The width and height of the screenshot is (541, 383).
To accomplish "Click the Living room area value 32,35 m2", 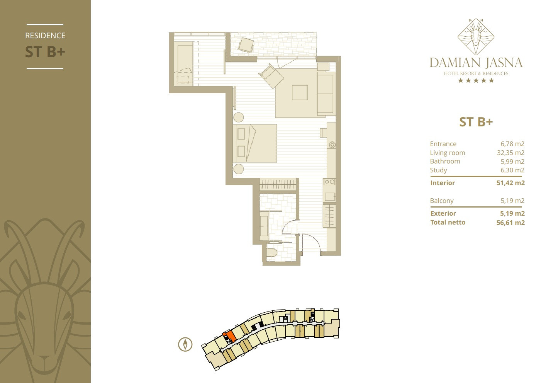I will tap(510, 153).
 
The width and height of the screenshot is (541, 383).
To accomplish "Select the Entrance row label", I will tap(443, 144).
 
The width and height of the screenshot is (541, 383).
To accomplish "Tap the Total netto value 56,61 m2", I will tap(510, 223).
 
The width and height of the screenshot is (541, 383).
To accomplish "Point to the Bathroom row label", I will tap(445, 161).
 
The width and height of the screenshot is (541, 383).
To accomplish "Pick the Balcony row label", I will tap(441, 201).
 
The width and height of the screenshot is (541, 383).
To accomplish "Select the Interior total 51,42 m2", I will tap(510, 183).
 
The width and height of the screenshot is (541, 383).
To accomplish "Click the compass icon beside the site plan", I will tap(185, 344).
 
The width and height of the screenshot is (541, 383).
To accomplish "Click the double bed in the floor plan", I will tap(255, 143).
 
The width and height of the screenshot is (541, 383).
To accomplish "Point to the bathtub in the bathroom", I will tap(264, 226).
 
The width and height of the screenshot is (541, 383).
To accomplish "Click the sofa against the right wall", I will tap(325, 94).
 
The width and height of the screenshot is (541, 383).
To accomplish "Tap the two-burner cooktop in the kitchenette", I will tap(329, 182).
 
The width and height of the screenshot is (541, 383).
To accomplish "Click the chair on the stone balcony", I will tap(246, 45).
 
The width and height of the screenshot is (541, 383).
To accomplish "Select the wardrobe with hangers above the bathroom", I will tap(277, 184).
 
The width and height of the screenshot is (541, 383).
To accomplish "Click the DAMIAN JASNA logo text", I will tap(476, 63).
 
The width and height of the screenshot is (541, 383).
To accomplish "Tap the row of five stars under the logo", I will tap(476, 80).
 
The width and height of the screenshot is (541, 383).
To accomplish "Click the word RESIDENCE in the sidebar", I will tap(45, 36).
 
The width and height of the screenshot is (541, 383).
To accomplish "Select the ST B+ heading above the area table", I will tap(476, 122).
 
